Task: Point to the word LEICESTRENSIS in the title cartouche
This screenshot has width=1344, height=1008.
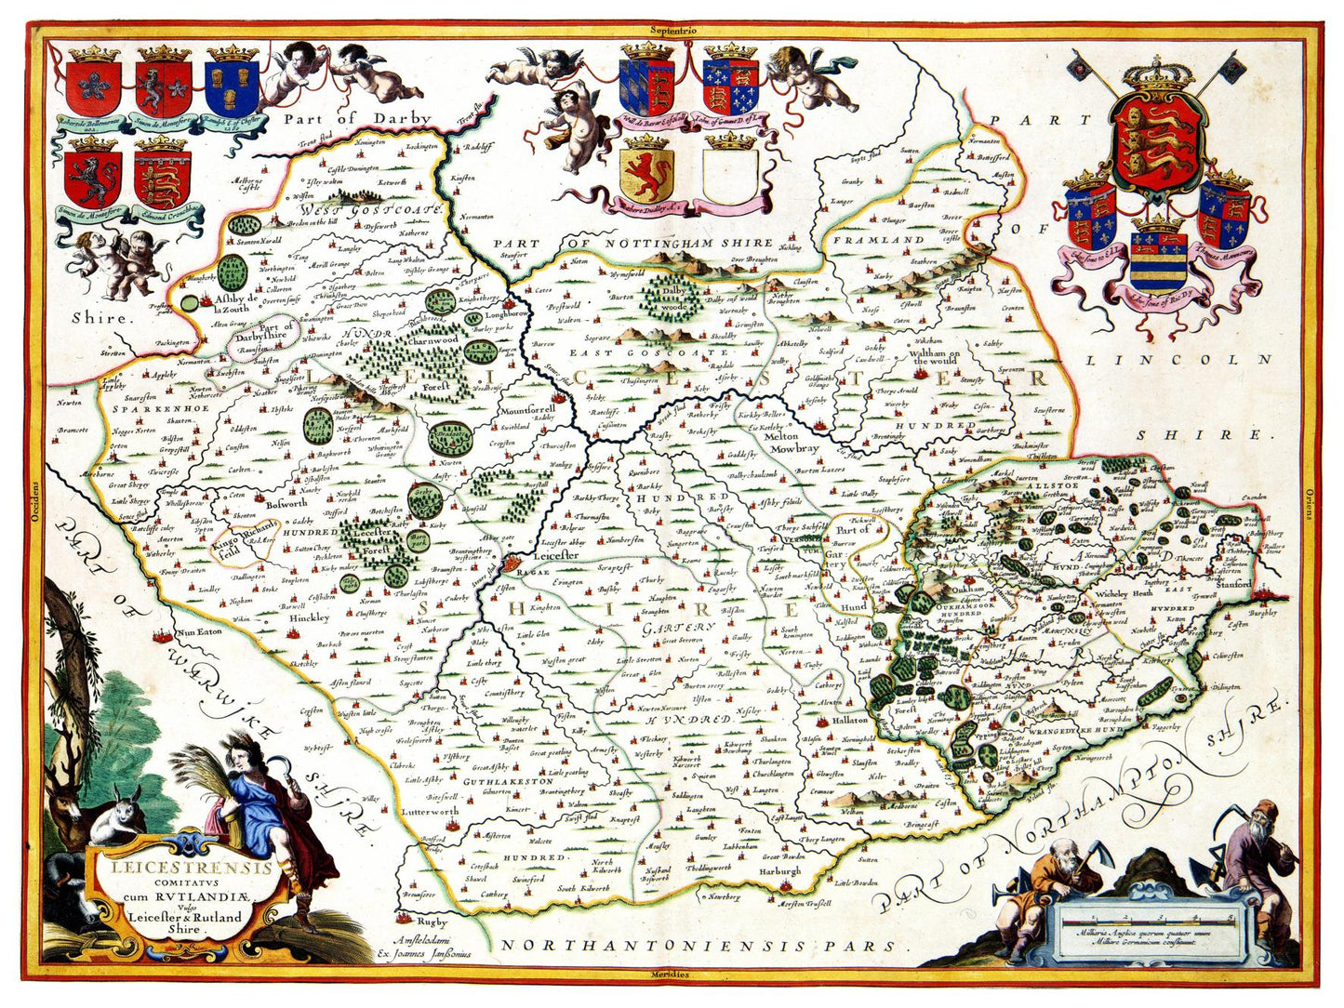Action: [167, 869]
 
